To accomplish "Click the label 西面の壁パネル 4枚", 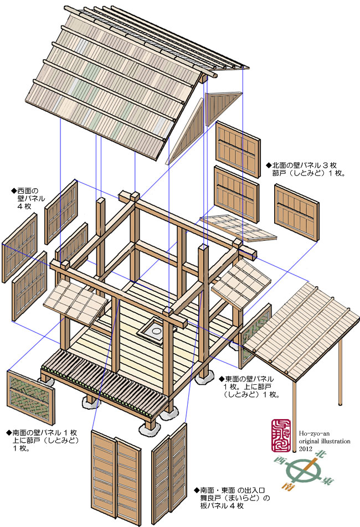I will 28,198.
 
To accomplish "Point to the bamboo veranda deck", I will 105,382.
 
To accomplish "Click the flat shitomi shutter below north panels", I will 238,227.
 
